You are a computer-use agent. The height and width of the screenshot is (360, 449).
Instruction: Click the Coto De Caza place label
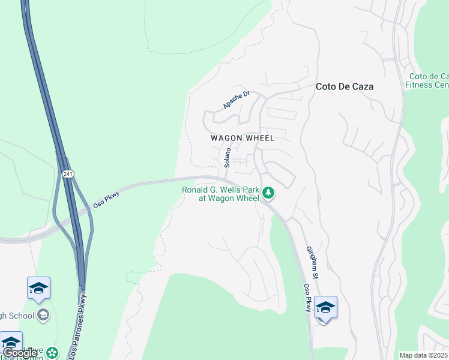coord(345,86)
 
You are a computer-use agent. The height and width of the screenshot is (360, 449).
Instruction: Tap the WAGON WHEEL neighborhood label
coord(243,138)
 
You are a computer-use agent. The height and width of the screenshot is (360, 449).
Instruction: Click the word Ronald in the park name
coord(197,190)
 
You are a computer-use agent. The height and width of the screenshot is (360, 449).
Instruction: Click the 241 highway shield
coord(67,174)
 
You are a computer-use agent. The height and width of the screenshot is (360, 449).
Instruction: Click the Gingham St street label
coord(312,259)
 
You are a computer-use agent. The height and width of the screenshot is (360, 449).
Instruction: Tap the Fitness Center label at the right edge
coord(427,80)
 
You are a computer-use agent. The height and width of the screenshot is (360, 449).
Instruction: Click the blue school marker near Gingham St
coord(325,308)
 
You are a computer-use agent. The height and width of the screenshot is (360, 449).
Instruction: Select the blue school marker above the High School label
coord(38,289)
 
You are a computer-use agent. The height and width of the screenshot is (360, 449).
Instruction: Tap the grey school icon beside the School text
coord(43,314)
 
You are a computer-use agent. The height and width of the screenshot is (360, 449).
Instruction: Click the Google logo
coord(19,353)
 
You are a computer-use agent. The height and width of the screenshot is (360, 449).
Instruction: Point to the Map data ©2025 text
coord(424,355)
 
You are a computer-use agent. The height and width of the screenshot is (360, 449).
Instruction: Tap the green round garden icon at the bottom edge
coord(53,353)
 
